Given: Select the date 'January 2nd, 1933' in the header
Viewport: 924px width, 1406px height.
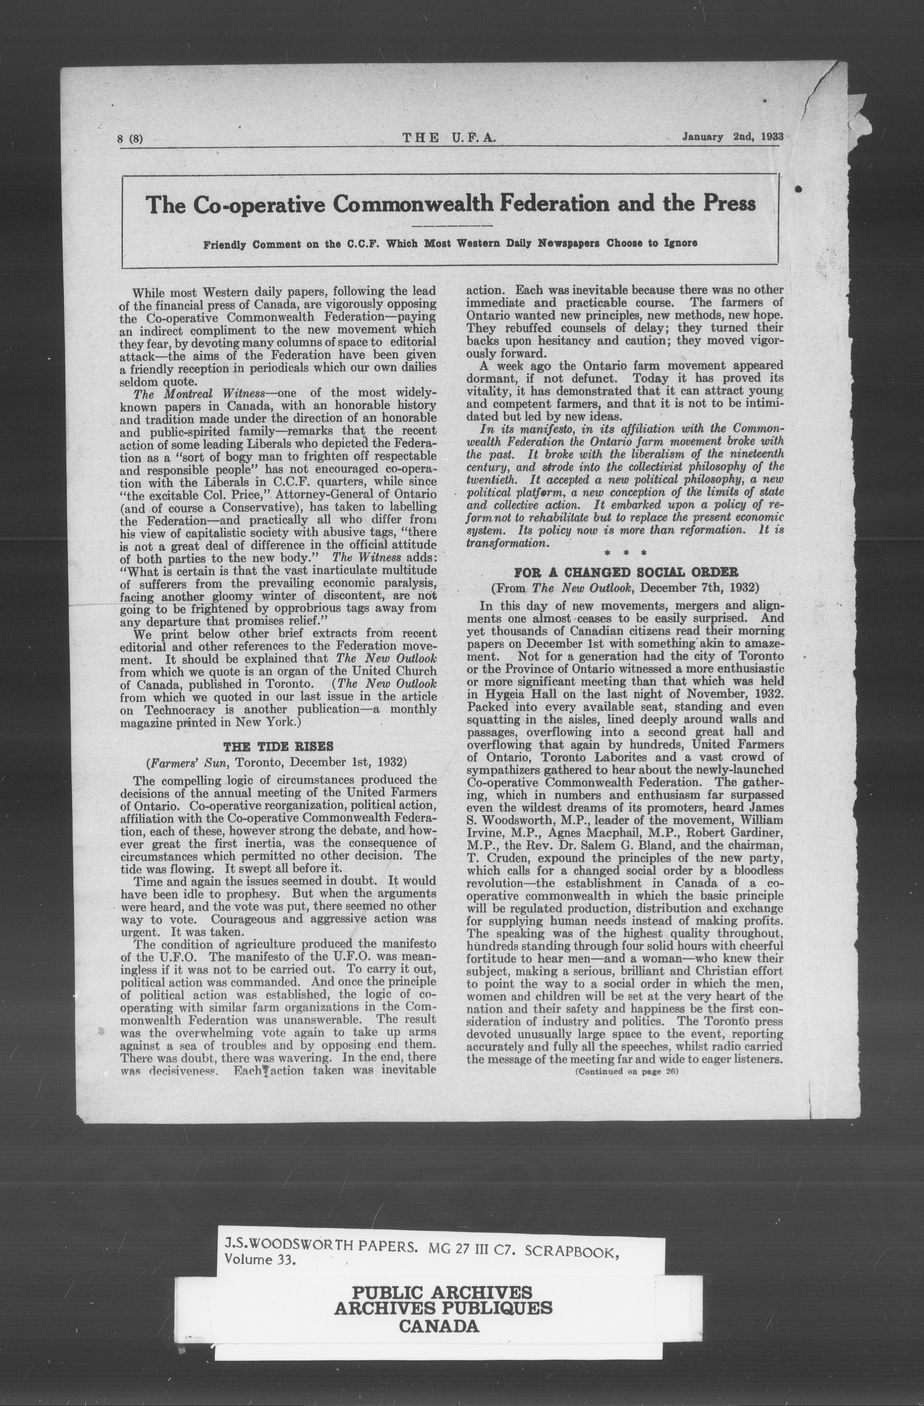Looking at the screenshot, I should pyautogui.click(x=733, y=136).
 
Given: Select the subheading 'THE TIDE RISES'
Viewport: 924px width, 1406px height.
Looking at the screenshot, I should pyautogui.click(x=278, y=746).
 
